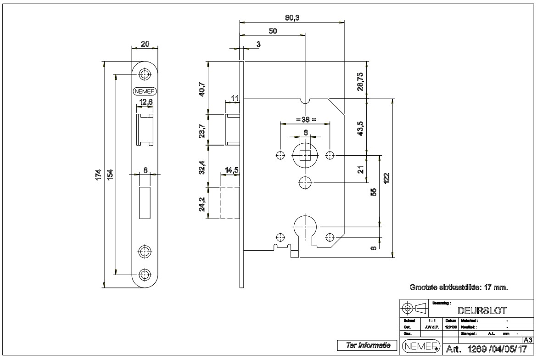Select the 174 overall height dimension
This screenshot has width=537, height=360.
click(98, 174)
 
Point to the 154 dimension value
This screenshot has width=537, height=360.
click(110, 174)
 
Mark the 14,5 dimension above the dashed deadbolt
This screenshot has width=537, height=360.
click(230, 170)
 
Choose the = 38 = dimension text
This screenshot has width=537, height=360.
click(305, 119)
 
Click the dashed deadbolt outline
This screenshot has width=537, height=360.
click(230, 202)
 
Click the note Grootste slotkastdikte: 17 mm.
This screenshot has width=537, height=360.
click(459, 287)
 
